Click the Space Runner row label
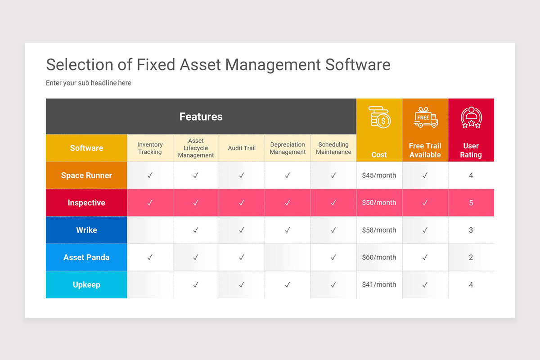point(86,175)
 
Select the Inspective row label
point(86,203)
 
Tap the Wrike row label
point(86,230)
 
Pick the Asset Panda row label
point(86,257)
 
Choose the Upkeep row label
point(86,285)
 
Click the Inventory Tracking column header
point(150,148)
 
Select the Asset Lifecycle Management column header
point(196,148)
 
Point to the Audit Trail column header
point(242,148)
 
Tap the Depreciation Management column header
point(288,148)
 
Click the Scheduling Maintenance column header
point(333,148)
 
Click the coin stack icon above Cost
point(379,117)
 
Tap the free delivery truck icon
point(425,117)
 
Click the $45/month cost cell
point(379,175)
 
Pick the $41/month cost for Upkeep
point(379,285)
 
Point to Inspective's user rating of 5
point(471,203)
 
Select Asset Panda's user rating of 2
point(471,257)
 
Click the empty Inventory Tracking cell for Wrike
point(150,230)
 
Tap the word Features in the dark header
point(201,117)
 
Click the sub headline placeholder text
point(89,83)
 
